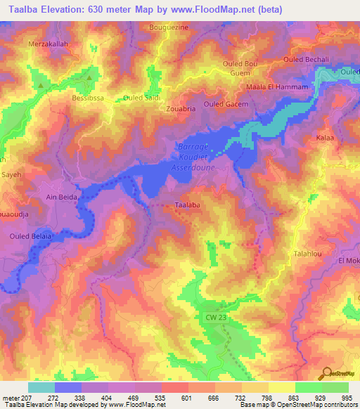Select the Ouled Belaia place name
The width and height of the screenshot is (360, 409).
click(x=30, y=237)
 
